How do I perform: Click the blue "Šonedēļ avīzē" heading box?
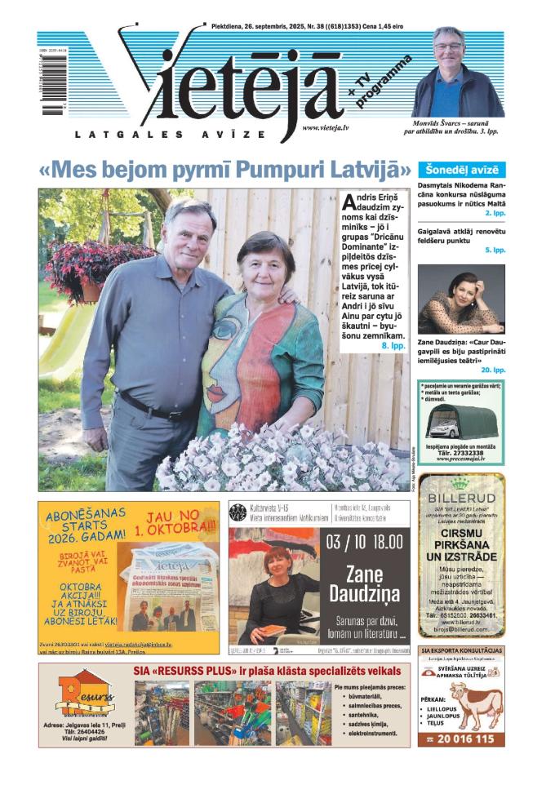click(x=461, y=171)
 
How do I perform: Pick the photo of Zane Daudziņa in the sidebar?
click(x=461, y=299)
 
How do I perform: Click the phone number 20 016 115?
click(x=461, y=738)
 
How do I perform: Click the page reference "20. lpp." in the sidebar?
click(x=493, y=370)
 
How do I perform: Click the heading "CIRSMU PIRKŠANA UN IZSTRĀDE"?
click(x=461, y=544)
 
